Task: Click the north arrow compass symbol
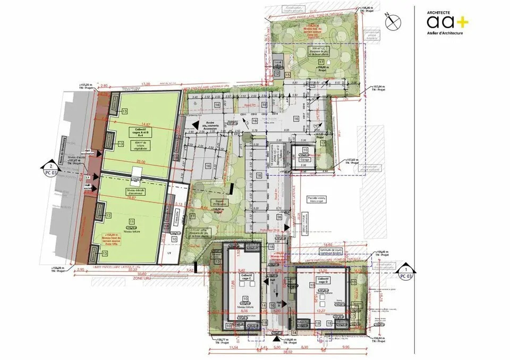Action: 394,21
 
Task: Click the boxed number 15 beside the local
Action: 287,76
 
